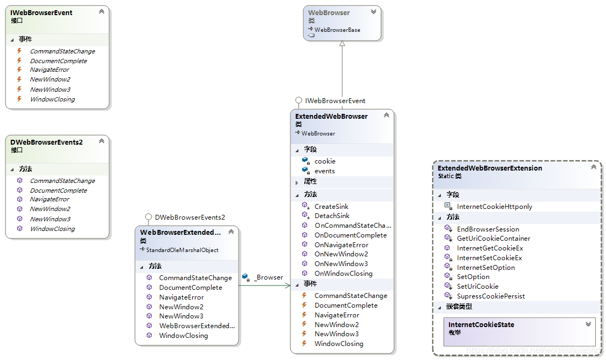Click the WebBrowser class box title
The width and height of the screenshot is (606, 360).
click(329, 12)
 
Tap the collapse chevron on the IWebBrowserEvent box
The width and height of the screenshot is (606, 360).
click(101, 11)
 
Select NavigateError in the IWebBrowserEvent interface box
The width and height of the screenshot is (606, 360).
click(50, 70)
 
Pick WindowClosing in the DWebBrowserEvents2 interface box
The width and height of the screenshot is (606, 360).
click(52, 229)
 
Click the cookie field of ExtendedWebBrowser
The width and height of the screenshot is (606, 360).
click(325, 161)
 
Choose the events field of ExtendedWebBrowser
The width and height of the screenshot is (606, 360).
click(324, 171)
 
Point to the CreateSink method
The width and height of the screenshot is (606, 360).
click(331, 206)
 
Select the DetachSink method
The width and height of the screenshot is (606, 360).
click(332, 215)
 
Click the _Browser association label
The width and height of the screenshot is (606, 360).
click(268, 277)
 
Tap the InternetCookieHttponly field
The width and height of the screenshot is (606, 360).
click(494, 206)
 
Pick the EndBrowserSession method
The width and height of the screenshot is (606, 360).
click(488, 229)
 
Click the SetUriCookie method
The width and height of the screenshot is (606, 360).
click(478, 286)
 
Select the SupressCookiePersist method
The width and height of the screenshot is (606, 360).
click(491, 296)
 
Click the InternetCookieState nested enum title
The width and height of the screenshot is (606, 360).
click(481, 324)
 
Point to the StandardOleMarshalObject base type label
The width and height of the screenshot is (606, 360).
click(182, 250)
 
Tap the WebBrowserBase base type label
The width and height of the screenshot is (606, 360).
click(337, 30)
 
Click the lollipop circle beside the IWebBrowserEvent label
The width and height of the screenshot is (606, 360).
click(298, 100)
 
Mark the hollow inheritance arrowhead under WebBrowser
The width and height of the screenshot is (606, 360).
click(342, 44)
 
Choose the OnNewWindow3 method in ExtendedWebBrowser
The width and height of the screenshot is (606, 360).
click(341, 263)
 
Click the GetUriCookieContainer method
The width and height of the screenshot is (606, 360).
click(493, 238)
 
